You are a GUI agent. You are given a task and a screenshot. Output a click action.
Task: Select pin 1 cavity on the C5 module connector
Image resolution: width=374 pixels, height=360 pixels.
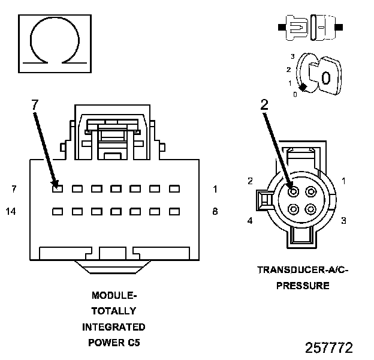[x=174, y=189]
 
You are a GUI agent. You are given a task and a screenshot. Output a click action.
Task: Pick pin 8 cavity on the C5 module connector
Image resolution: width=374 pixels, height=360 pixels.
[x=174, y=211]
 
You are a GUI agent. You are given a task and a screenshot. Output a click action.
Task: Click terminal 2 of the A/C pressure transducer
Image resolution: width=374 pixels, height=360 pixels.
[x=293, y=191]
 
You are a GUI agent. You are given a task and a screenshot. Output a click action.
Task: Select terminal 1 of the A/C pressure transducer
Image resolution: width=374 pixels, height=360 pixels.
[x=310, y=191]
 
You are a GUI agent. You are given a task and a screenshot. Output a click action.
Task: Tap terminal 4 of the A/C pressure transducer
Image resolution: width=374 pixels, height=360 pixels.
[x=293, y=209]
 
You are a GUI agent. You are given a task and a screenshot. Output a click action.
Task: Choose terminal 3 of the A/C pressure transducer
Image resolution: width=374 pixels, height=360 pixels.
[x=310, y=209]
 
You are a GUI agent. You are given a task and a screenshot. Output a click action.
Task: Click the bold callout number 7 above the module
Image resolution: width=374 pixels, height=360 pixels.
[x=35, y=104]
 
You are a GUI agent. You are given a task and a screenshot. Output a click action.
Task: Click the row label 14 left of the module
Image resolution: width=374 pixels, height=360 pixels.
[x=10, y=211]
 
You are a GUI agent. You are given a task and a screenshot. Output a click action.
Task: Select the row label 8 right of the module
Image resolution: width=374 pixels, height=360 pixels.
[x=215, y=211]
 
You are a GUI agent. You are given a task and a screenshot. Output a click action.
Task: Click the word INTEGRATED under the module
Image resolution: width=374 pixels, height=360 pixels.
[x=113, y=327]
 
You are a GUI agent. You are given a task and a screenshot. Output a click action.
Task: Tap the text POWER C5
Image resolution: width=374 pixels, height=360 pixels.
[x=113, y=343]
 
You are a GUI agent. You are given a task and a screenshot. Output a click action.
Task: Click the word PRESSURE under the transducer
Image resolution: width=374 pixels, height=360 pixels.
[x=303, y=286]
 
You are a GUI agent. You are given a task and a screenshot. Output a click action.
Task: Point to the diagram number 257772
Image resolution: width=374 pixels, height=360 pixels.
[x=329, y=348]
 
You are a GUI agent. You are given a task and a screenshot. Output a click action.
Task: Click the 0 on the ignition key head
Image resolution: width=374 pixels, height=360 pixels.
[x=325, y=78]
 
